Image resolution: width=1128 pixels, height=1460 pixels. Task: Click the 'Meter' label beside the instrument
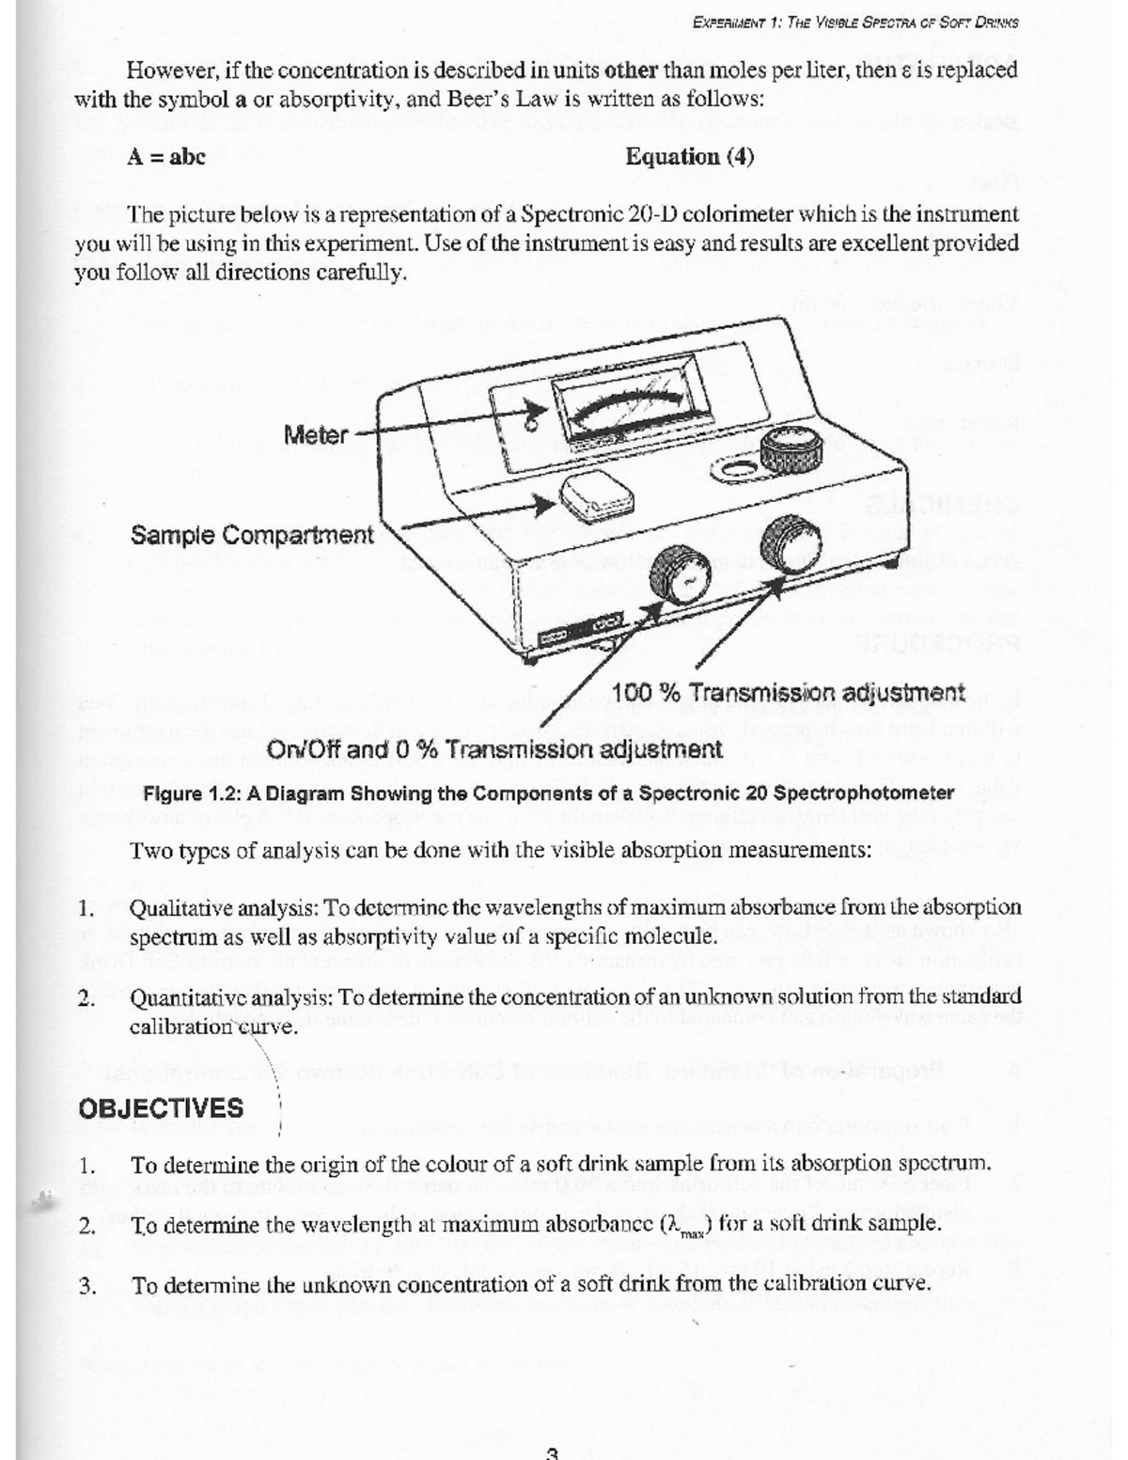316,434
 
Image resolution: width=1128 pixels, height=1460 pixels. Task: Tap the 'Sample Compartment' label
252,536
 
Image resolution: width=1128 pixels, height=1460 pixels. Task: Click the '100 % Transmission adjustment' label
788,693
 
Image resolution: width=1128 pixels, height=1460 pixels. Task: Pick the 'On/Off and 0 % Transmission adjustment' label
495,749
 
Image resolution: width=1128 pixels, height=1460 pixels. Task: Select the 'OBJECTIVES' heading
162,1107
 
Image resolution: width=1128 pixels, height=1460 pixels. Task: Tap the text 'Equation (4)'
690,156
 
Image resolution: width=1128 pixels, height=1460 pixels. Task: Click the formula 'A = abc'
166,156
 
